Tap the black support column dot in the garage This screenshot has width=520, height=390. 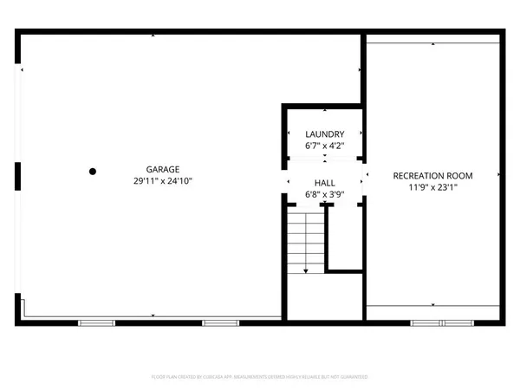(92, 172)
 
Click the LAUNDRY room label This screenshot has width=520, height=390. (324, 134)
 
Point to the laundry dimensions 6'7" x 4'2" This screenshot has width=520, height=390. (324, 146)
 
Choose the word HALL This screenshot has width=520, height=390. (324, 184)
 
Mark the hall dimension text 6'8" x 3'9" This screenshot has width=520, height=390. (324, 195)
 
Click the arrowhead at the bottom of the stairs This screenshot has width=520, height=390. (305, 271)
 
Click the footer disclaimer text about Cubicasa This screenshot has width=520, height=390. (260, 378)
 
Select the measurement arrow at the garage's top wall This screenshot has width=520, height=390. (153, 36)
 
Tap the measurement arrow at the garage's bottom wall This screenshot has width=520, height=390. (153, 315)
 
